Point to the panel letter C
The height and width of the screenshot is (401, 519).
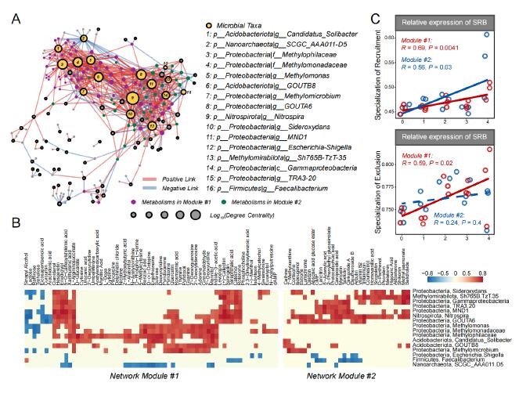376,13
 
